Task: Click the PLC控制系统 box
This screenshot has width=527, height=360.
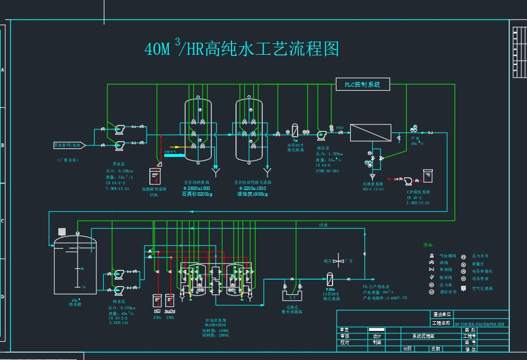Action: point(363,84)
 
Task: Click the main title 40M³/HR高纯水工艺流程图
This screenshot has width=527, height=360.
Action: point(242,49)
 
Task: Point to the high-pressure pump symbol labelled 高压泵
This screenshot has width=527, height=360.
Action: point(321,135)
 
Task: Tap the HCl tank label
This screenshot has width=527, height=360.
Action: point(157,312)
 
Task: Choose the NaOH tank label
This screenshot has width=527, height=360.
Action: point(169,312)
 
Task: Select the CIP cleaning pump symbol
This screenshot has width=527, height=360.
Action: point(409,181)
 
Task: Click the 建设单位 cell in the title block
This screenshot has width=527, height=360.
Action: point(441,314)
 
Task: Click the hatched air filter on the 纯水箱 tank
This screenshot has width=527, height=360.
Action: point(62,232)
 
